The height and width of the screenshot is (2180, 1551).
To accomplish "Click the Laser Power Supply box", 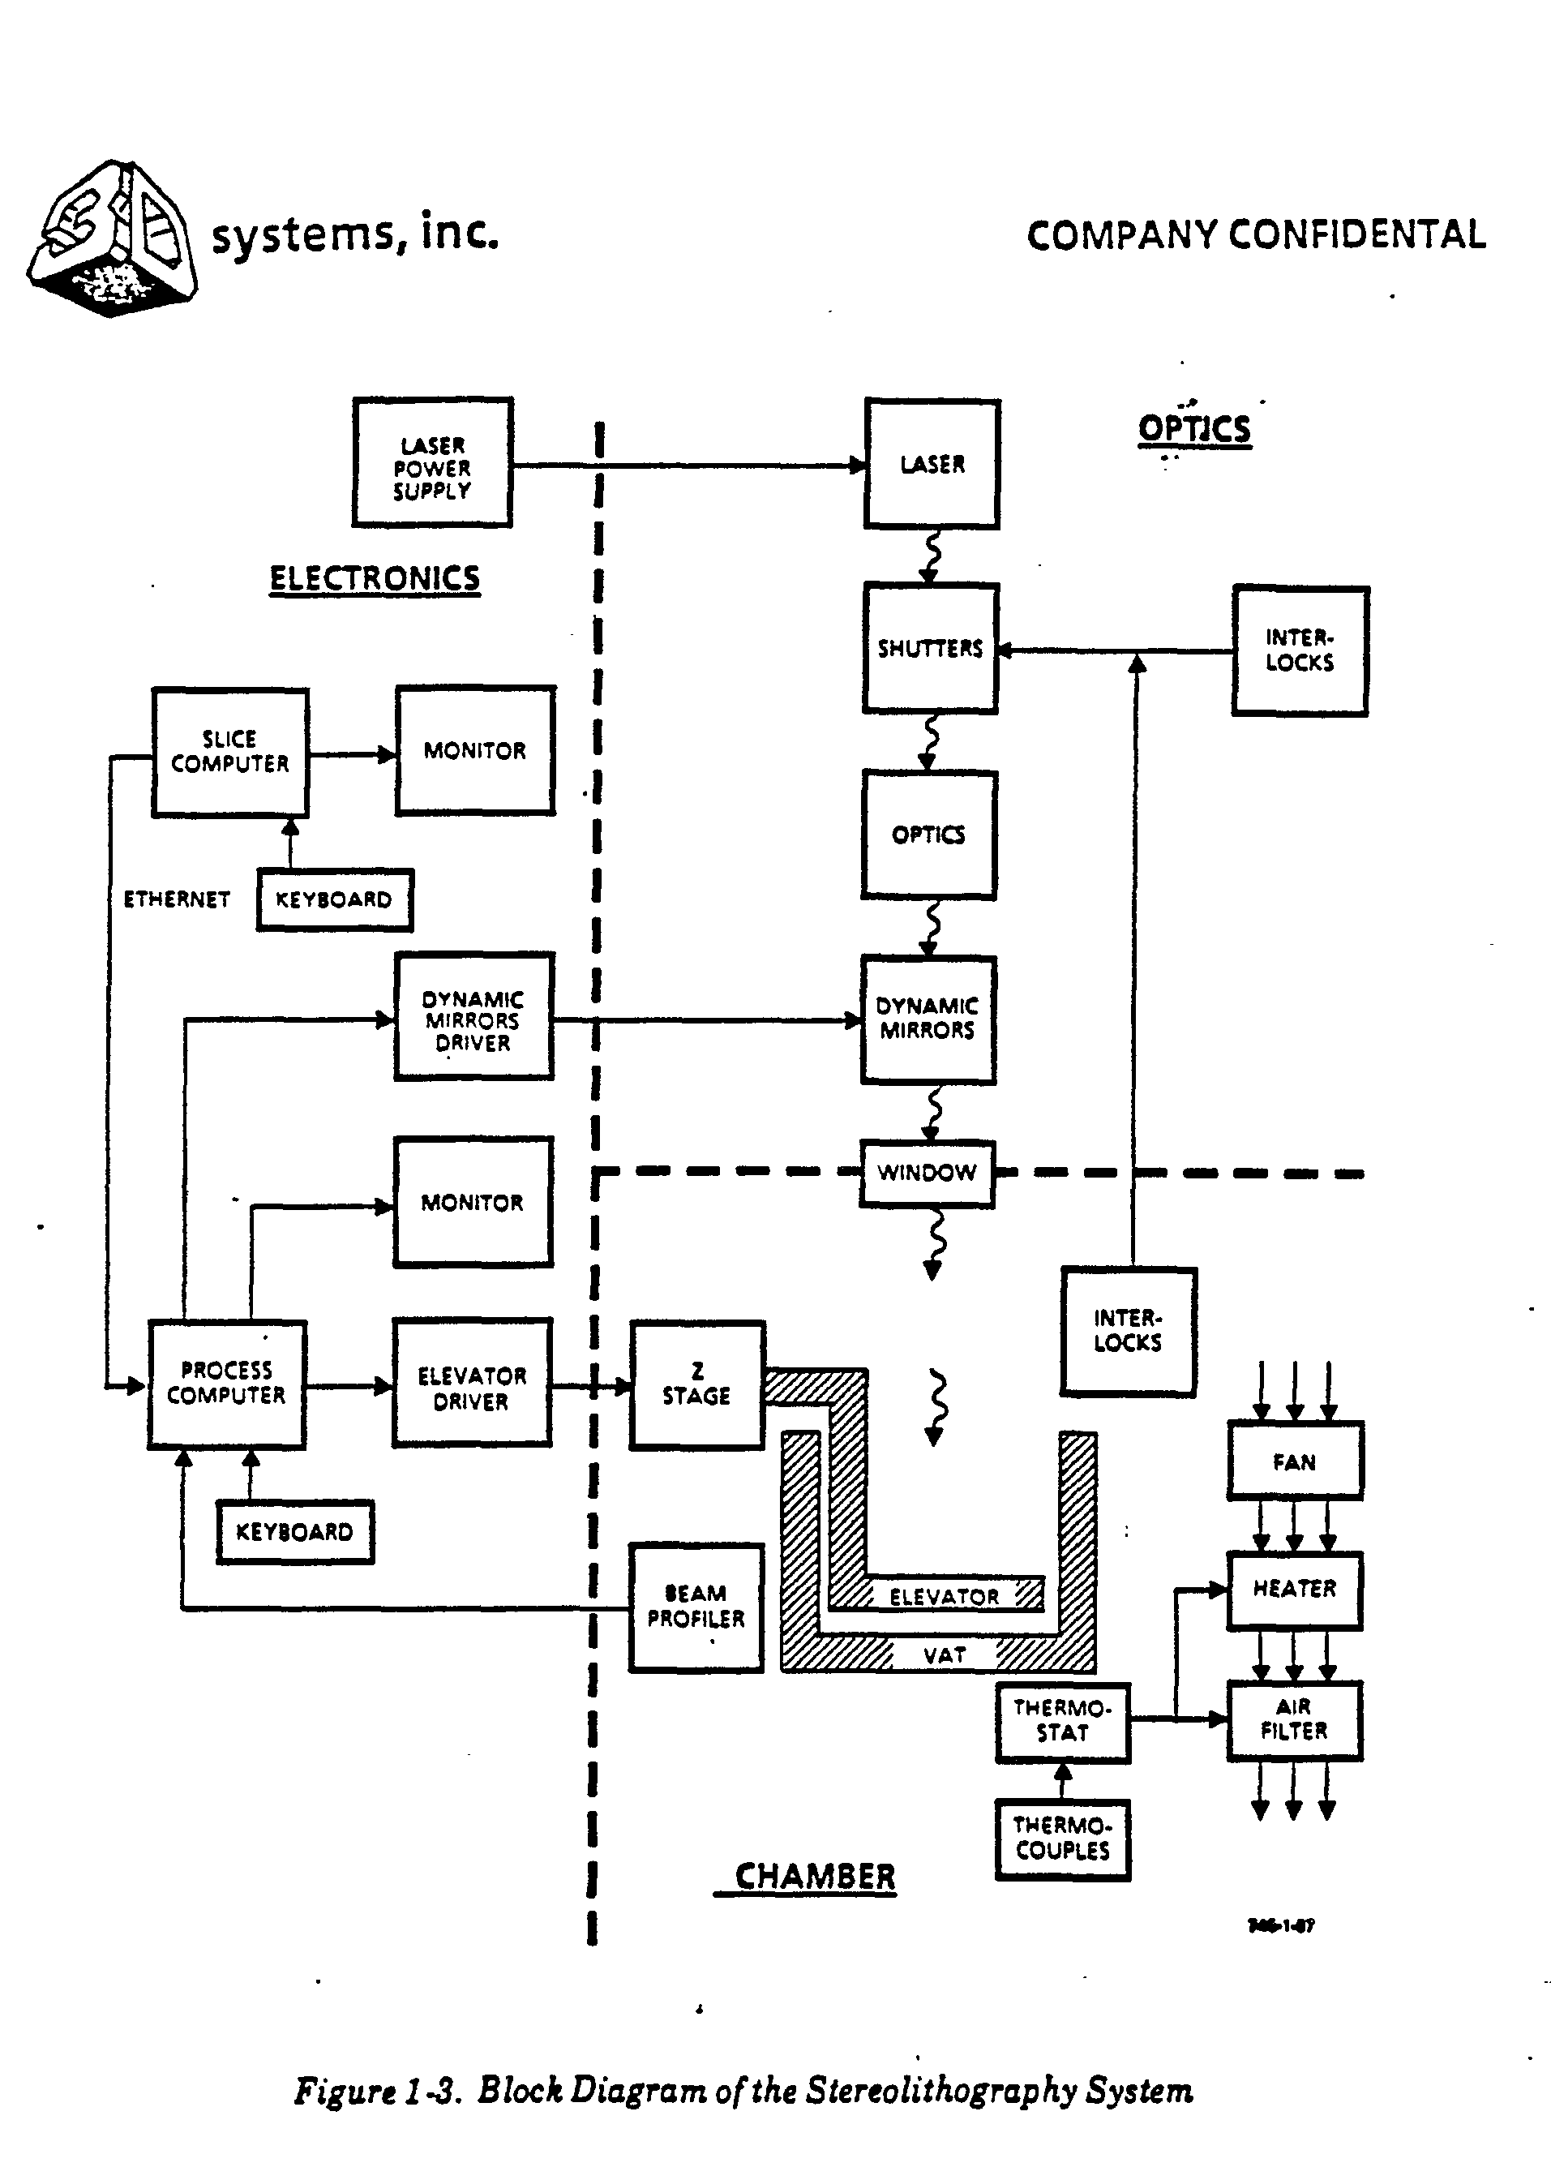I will (x=433, y=463).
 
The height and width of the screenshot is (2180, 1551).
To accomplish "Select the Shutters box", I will (x=930, y=649).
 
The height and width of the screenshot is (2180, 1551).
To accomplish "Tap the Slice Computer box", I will (x=230, y=752).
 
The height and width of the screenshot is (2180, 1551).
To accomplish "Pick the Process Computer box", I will (x=226, y=1384).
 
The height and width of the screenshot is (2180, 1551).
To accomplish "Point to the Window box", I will (x=927, y=1173).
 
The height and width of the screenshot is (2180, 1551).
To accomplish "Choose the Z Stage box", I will (x=697, y=1385).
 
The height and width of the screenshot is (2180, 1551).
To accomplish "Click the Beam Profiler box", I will (x=696, y=1607).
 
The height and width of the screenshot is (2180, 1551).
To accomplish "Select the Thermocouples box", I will (x=1063, y=1839).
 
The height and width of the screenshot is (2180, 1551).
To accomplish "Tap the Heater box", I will (x=1294, y=1590).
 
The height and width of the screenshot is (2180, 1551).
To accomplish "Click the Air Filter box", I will (x=1294, y=1719).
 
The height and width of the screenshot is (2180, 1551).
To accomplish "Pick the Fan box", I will (x=1294, y=1461).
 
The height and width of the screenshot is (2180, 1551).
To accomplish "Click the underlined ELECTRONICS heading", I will (x=375, y=579).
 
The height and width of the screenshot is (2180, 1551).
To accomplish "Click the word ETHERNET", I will (x=177, y=900).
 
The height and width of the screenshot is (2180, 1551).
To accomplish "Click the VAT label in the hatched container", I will (x=944, y=1655).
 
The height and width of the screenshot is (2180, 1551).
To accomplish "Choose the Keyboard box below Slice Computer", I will (x=334, y=900).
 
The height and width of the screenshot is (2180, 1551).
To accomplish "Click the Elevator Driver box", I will (x=472, y=1389).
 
